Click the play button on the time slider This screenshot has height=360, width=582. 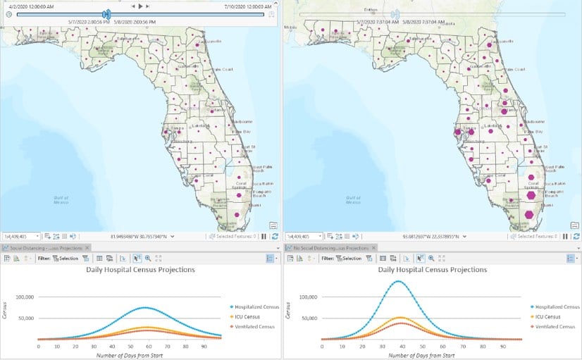140,6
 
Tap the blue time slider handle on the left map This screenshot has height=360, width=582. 106,14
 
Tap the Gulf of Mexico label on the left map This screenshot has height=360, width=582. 61,200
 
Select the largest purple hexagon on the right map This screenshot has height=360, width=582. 529,213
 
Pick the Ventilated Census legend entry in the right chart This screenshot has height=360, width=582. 555,326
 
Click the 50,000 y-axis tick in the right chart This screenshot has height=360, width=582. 309,318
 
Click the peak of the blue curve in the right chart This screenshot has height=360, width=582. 399,281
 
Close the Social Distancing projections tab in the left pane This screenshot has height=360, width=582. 87,248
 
